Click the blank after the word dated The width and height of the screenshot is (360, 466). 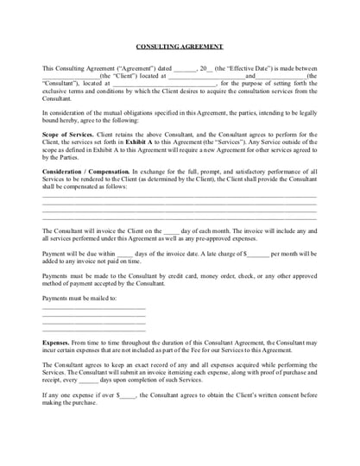point(184,67)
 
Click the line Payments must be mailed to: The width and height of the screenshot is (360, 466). point(78,298)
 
